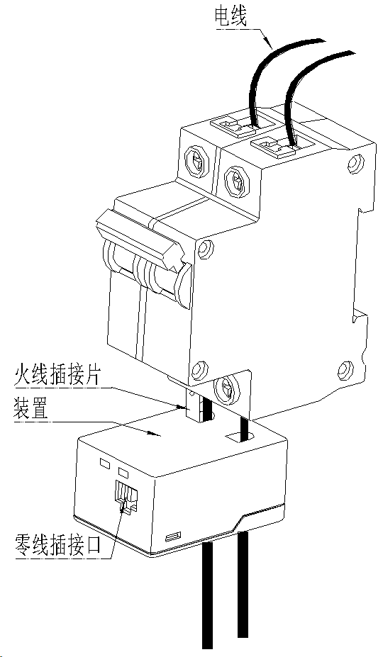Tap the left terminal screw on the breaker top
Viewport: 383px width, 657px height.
196,161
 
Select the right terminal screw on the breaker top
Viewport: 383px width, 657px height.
237,180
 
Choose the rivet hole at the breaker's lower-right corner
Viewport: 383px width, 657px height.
345,370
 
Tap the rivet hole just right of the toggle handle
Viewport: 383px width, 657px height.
206,249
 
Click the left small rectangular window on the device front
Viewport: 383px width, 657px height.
104,463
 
